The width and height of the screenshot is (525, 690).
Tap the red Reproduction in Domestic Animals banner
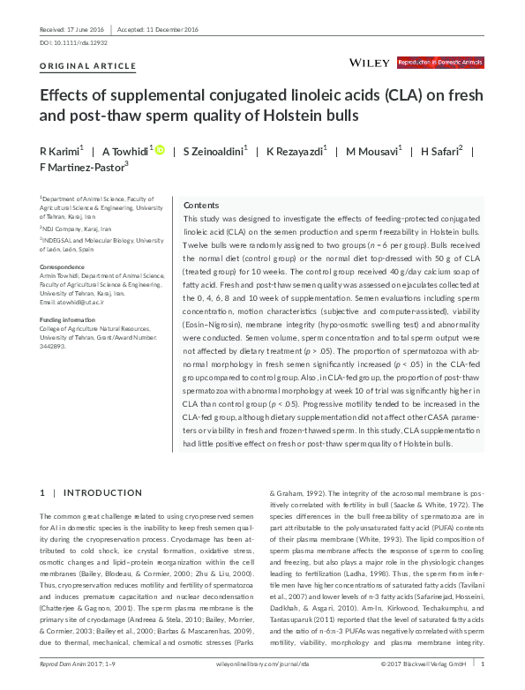[x=440, y=63]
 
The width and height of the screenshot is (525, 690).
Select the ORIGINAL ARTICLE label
[x=88, y=66]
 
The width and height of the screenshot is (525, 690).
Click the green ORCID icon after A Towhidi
[x=160, y=150]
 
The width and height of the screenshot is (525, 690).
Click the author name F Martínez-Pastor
[x=83, y=165]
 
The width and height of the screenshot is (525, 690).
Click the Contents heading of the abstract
[x=200, y=204]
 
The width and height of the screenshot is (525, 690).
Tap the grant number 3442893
[x=55, y=347]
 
